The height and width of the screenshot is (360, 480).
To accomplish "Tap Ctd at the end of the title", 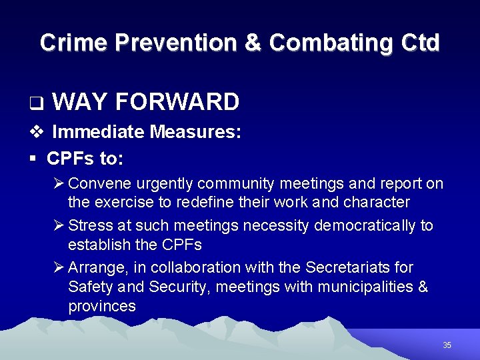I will tap(421, 43).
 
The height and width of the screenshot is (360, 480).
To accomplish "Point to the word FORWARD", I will tap(177, 102).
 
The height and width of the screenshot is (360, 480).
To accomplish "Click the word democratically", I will tap(357, 226).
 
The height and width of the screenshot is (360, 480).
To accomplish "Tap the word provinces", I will tap(102, 306).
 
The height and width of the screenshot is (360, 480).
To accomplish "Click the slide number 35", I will tap(447, 345).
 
